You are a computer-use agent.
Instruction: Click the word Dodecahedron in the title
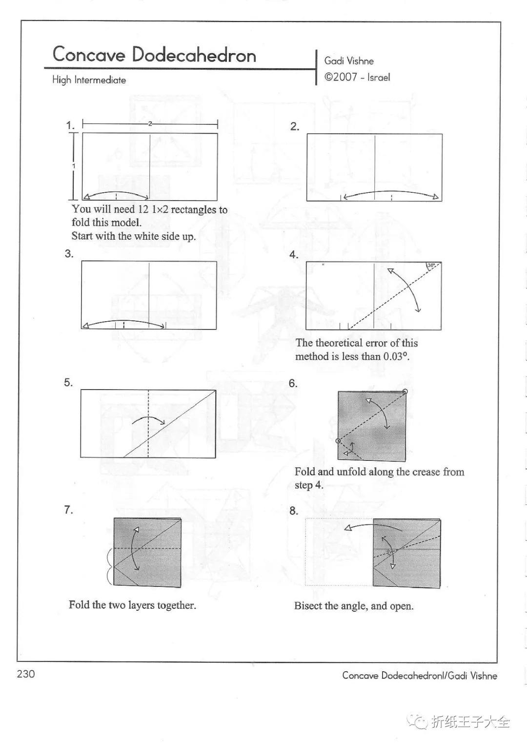tap(194, 55)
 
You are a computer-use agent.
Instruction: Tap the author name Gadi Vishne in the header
tap(349, 61)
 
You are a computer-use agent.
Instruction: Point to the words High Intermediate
tap(89, 80)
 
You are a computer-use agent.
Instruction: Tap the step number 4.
tap(294, 254)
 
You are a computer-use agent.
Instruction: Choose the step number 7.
tap(68, 510)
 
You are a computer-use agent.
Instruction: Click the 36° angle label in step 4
tap(431, 266)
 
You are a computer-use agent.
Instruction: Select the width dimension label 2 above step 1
tap(150, 124)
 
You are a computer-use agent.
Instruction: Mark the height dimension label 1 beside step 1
tap(74, 166)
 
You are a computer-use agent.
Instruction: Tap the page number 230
tap(26, 674)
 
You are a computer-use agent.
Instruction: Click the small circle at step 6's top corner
tap(405, 392)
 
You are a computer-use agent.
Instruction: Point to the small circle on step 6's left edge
tap(338, 441)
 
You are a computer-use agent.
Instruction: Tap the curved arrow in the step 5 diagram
tap(149, 420)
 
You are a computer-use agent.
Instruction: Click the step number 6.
tap(293, 383)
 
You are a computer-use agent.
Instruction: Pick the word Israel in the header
tap(379, 77)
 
